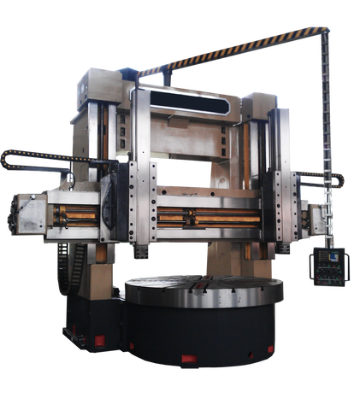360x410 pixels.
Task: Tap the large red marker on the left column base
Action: pos(99,342)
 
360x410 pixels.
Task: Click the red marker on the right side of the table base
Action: pos(270,349)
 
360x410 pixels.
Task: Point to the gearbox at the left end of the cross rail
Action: pos(29,214)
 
